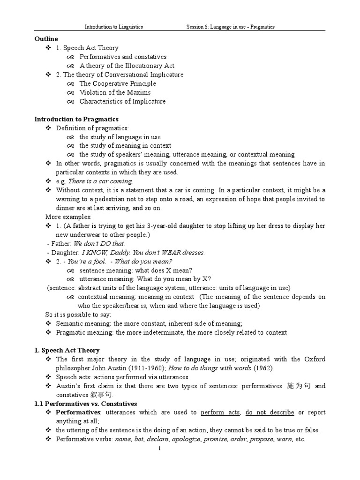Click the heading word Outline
pos(46,39)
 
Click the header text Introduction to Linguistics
pos(114,27)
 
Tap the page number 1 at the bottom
pos(160,448)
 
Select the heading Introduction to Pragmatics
pos(76,119)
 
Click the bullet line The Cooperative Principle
pos(117,83)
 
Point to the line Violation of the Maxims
pos(115,92)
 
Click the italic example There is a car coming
pos(101,181)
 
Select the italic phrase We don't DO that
pos(99,244)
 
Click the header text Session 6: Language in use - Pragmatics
pos(230,27)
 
